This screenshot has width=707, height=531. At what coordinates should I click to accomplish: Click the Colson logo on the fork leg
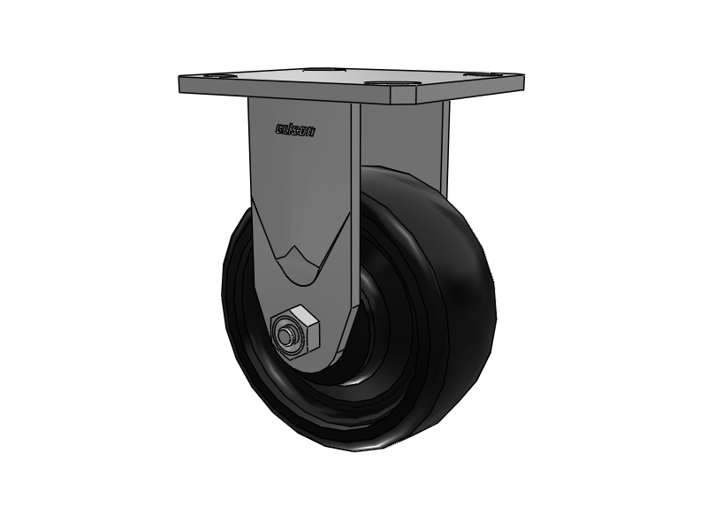(x=294, y=130)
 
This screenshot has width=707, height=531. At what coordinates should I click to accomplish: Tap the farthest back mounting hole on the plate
(x=319, y=68)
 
